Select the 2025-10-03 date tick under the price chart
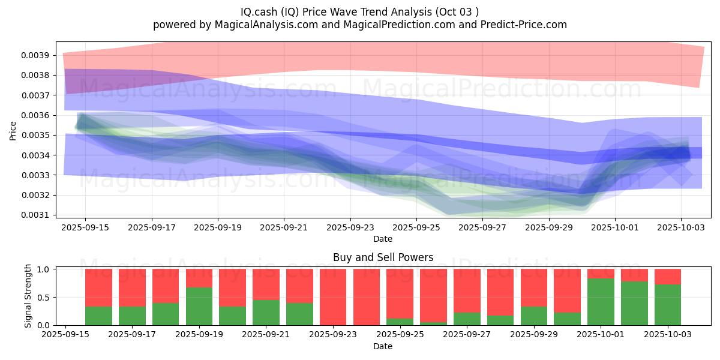pyautogui.click(x=680, y=227)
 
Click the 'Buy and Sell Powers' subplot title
pyautogui.click(x=383, y=257)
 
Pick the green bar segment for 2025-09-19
pyautogui.click(x=199, y=306)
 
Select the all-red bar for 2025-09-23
pyautogui.click(x=333, y=297)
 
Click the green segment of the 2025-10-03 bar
pyautogui.click(x=667, y=305)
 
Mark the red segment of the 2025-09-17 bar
pyautogui.click(x=132, y=287)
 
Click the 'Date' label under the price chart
pyautogui.click(x=383, y=239)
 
